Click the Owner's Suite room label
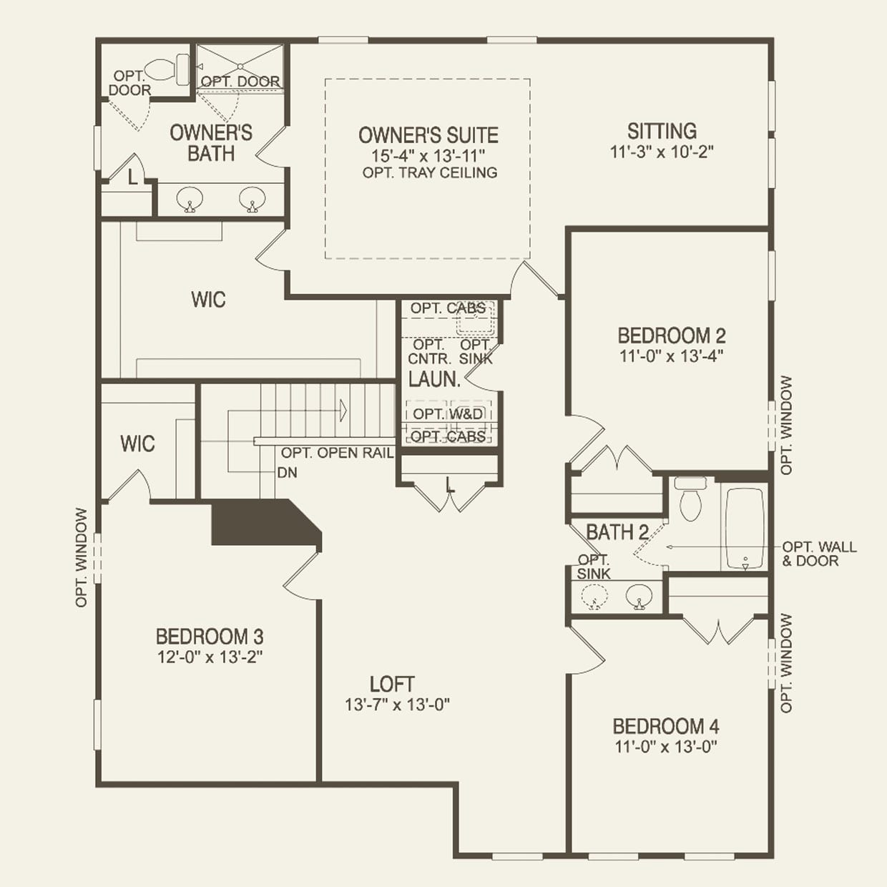(428, 135)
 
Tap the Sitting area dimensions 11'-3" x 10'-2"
(662, 152)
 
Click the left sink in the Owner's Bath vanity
(190, 198)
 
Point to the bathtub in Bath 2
(745, 529)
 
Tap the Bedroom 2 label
(671, 335)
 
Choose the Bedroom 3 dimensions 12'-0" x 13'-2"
(210, 657)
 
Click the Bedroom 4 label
(665, 727)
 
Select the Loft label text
(392, 684)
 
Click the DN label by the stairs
(287, 473)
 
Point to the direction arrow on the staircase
(343, 411)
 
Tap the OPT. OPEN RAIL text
(337, 453)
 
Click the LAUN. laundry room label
(433, 380)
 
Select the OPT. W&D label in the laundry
(448, 414)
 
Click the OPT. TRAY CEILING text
(429, 172)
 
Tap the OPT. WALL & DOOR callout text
(818, 554)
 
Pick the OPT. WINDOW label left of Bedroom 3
(82, 558)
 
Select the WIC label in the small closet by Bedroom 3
(137, 444)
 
